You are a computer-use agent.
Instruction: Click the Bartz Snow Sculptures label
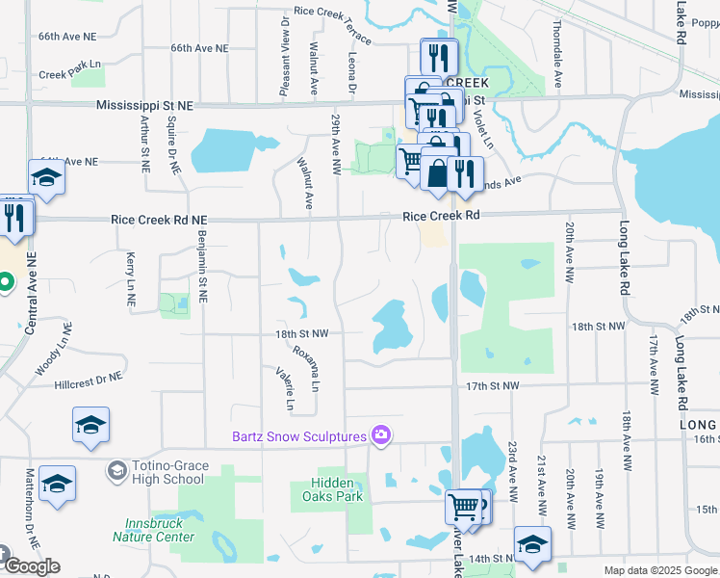(300, 436)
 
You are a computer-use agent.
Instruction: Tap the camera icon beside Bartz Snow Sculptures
(381, 436)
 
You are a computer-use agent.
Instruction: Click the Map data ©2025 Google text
(660, 570)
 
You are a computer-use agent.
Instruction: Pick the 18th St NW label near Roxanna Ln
(302, 333)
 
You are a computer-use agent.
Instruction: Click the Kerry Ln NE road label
(131, 279)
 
